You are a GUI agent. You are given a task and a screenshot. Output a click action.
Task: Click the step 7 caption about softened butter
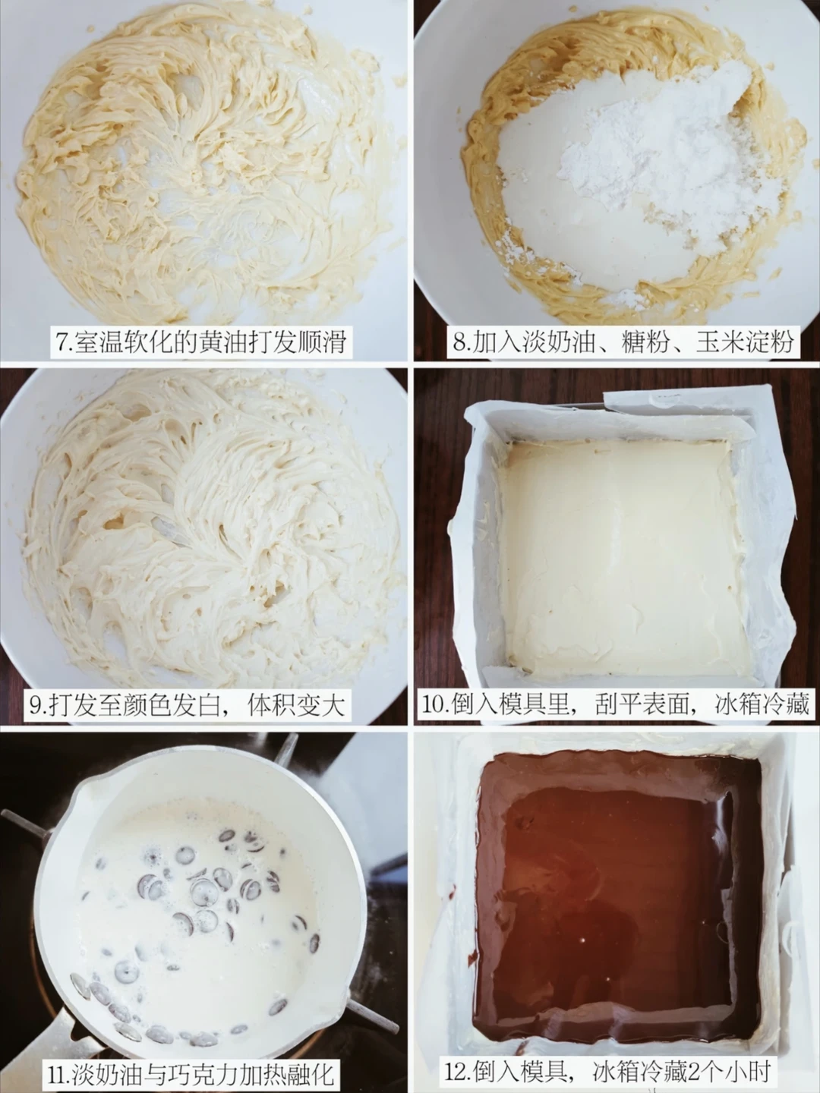[x=201, y=342]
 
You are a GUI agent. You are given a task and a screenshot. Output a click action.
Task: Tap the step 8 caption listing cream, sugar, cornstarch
[x=623, y=342]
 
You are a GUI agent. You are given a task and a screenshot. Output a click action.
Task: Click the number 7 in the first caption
[x=61, y=343]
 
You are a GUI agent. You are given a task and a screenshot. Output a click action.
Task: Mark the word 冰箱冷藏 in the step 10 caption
[x=762, y=706]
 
